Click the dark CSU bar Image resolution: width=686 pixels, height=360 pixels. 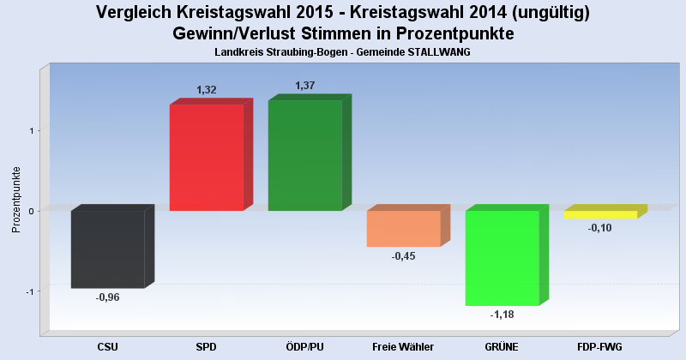(107, 249)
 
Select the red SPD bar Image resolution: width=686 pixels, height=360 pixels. (206, 158)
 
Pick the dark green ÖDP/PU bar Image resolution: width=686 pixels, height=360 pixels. (304, 156)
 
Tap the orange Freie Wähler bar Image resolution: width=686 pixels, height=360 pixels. (403, 228)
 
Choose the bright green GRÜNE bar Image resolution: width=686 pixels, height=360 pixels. (502, 257)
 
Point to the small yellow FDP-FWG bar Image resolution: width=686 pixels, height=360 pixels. (600, 214)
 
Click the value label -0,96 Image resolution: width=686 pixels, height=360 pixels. (108, 297)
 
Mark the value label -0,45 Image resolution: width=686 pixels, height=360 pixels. (403, 256)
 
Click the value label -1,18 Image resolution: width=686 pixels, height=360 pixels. (502, 315)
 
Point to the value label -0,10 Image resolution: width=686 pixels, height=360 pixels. (600, 228)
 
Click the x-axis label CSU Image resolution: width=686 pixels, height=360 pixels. (108, 346)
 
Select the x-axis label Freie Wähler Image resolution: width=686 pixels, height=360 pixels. (403, 346)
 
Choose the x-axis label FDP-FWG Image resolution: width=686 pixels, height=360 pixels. (600, 346)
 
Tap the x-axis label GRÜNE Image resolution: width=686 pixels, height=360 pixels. (502, 346)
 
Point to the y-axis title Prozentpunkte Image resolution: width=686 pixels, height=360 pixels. (15, 199)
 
